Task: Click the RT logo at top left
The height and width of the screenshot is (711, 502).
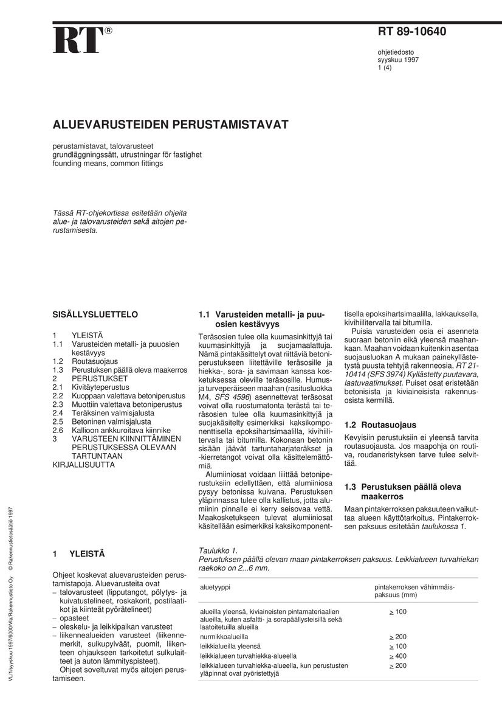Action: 79,40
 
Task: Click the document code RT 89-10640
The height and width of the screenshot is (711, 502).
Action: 411,32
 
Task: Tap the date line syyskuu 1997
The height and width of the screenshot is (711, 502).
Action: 397,60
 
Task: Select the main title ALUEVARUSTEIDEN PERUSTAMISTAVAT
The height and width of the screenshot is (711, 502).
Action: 170,125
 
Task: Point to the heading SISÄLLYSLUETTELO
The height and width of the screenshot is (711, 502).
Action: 95,314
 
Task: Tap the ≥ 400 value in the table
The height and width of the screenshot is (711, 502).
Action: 398,656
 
